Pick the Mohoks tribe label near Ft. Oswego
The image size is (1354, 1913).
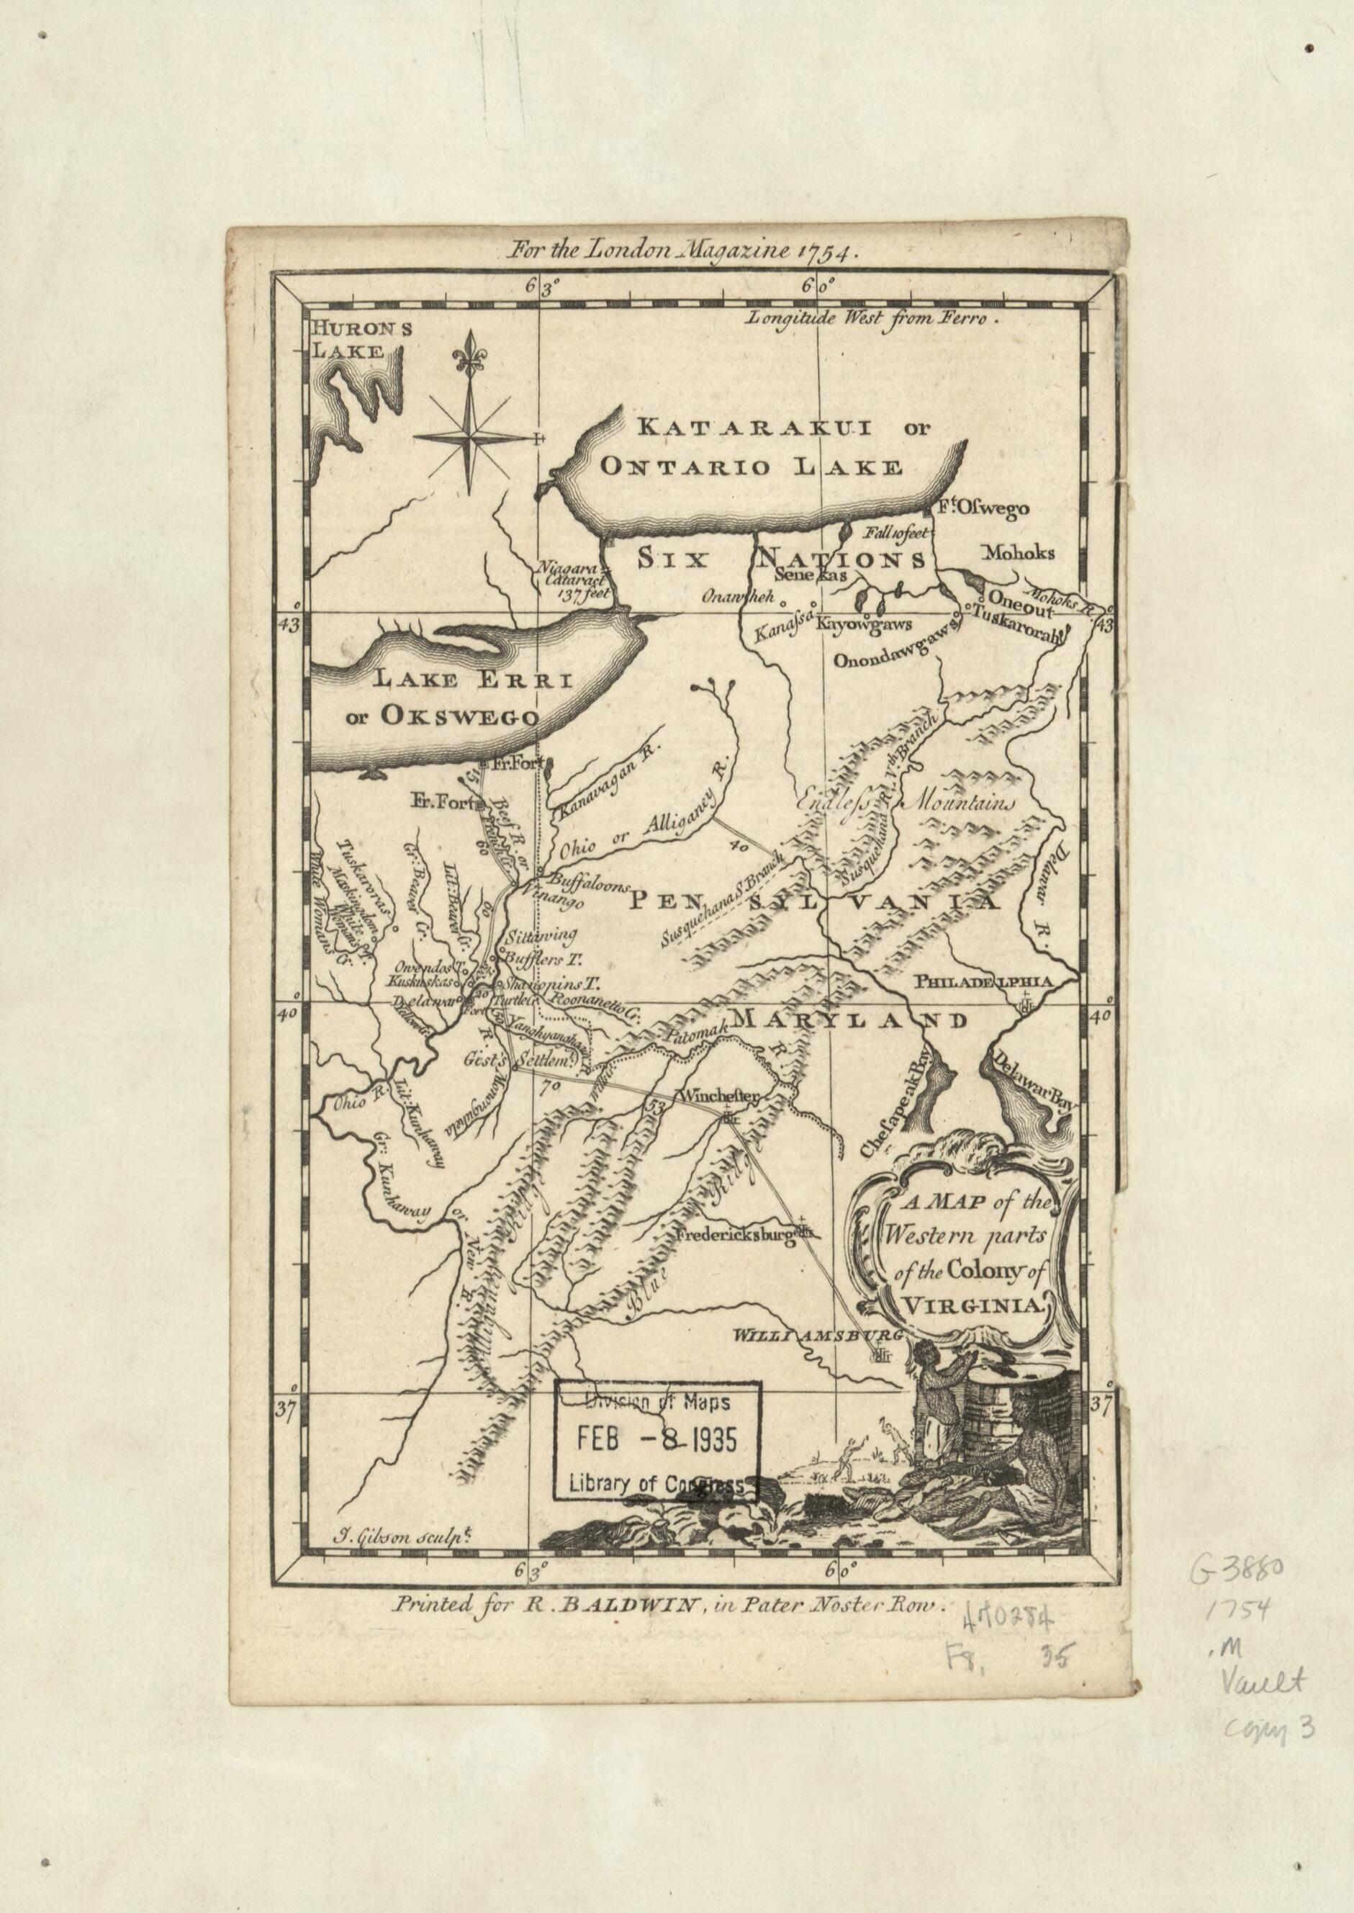pos(1018,552)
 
